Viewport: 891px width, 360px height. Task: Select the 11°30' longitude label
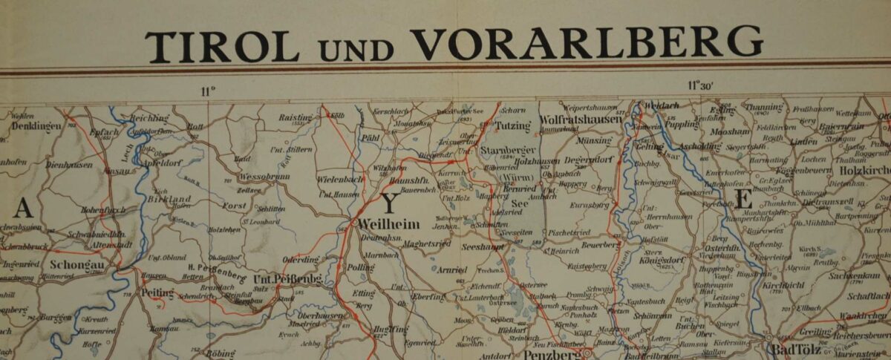tap(700, 85)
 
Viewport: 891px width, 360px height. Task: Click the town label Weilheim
tap(388, 223)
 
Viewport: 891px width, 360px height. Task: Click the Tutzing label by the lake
tap(512, 125)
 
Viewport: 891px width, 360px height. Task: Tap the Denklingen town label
tap(36, 125)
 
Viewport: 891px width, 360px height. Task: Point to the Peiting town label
tap(156, 292)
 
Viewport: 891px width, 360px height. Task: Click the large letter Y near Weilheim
tap(389, 204)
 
